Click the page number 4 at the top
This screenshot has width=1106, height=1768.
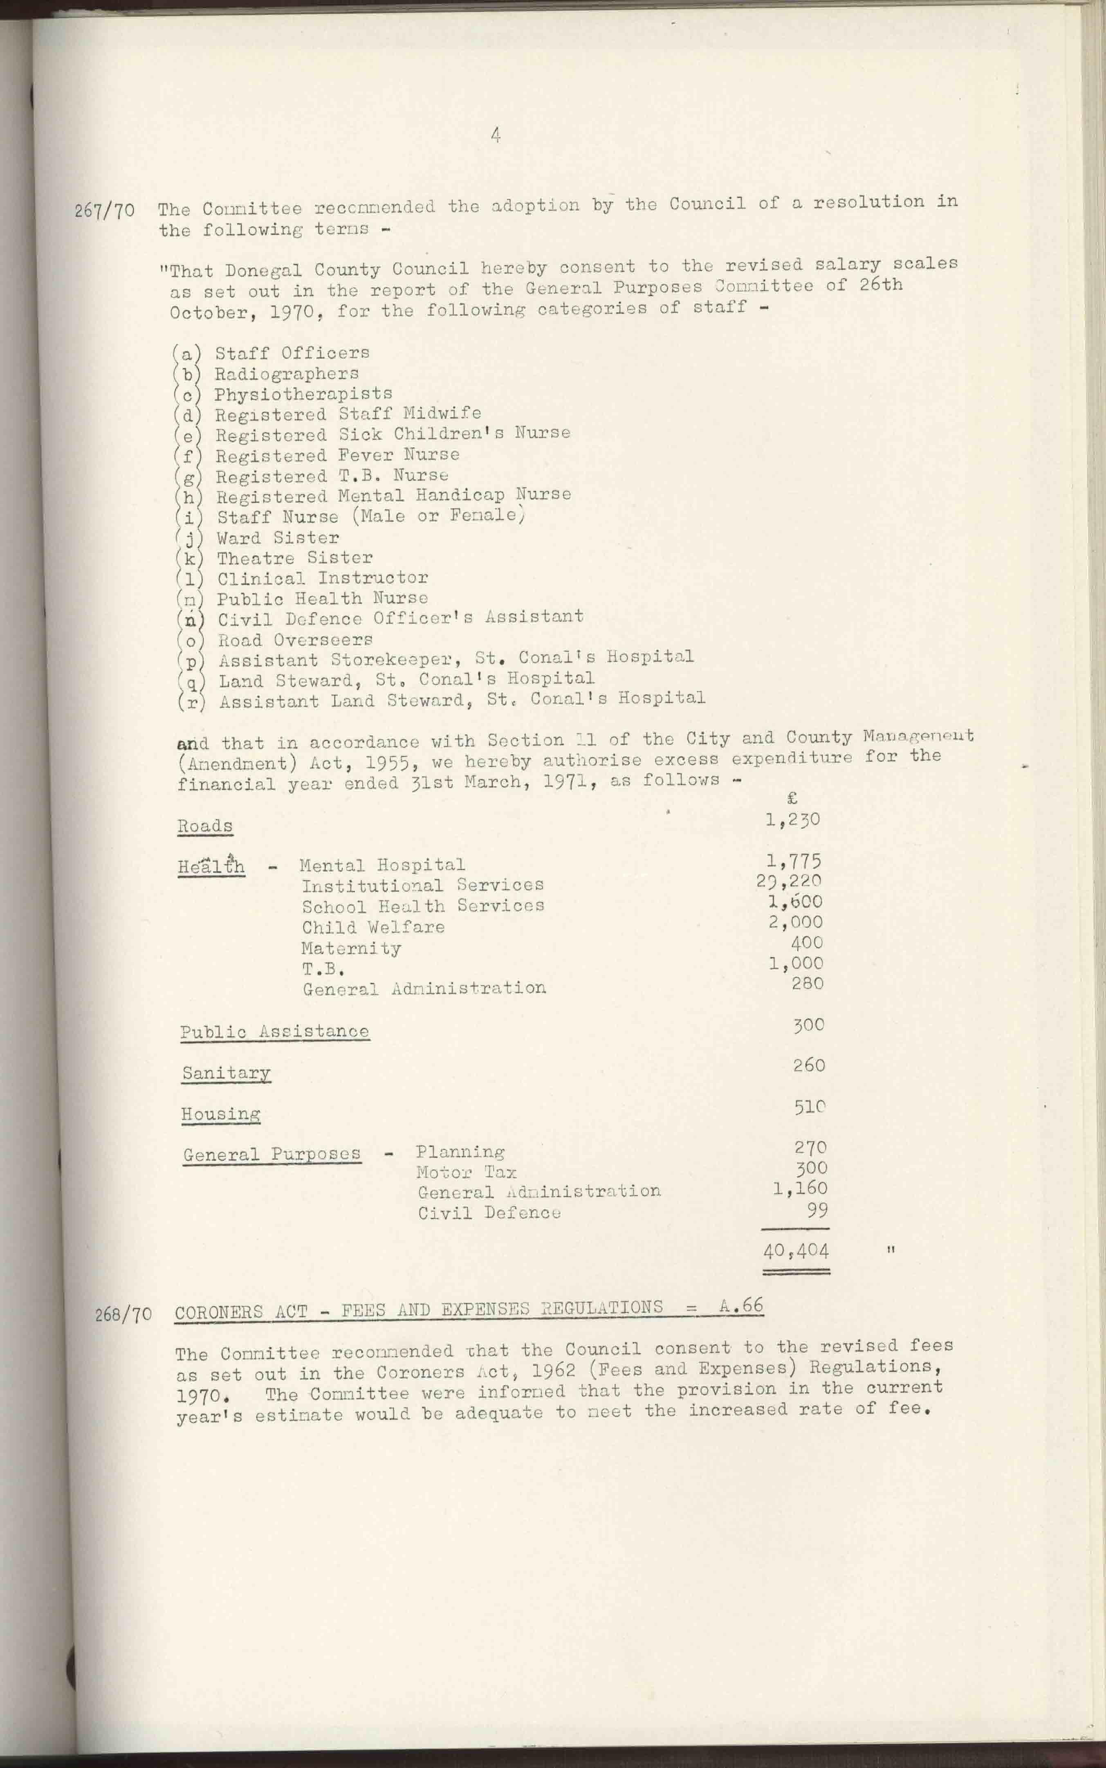pos(496,135)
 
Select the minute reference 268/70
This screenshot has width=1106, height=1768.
pos(123,1314)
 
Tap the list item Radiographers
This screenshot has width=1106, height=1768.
pos(286,374)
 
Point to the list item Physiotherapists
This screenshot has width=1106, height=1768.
pos(303,394)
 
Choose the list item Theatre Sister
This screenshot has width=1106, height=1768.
pos(295,558)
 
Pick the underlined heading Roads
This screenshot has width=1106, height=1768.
pos(205,826)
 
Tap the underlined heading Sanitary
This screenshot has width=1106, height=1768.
pos(226,1073)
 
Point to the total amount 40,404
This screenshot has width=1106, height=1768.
pos(796,1251)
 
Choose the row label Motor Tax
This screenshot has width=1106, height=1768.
pos(466,1173)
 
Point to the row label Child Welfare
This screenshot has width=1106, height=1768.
pos(373,928)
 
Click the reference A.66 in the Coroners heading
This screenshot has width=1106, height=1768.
pos(741,1306)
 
